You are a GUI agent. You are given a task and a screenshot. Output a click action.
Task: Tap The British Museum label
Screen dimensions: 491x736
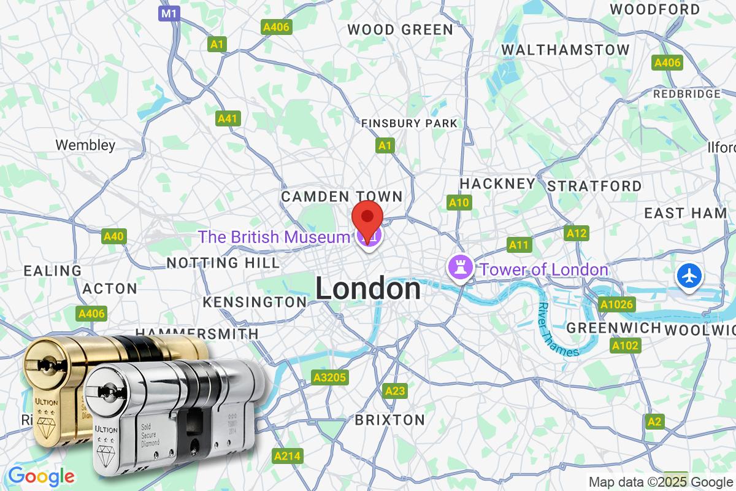pyautogui.click(x=274, y=237)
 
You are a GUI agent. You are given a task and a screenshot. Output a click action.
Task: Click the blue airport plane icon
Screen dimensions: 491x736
pyautogui.click(x=690, y=276)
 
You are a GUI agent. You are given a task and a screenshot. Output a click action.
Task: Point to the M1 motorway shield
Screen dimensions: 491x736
pyautogui.click(x=170, y=14)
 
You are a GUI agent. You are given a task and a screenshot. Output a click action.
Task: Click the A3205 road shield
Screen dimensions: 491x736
pyautogui.click(x=329, y=377)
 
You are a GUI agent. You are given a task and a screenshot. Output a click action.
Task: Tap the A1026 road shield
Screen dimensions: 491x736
pyautogui.click(x=618, y=304)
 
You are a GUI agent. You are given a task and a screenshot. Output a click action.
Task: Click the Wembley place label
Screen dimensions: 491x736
pyautogui.click(x=85, y=145)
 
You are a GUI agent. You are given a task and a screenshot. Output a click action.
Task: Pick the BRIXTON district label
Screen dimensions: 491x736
pyautogui.click(x=389, y=420)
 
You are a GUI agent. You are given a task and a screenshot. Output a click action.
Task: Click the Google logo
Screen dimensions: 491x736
pyautogui.click(x=41, y=476)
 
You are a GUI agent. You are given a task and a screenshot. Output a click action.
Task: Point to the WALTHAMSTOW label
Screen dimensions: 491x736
pyautogui.click(x=565, y=50)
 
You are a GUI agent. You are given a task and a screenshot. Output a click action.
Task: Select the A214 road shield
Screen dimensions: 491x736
pyautogui.click(x=288, y=456)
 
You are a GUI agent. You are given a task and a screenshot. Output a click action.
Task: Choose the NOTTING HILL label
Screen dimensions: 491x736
pyautogui.click(x=223, y=263)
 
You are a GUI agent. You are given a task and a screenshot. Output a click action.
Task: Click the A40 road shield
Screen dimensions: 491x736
pyautogui.click(x=114, y=236)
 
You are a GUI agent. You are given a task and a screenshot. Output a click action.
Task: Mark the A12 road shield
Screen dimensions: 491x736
pyautogui.click(x=577, y=233)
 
